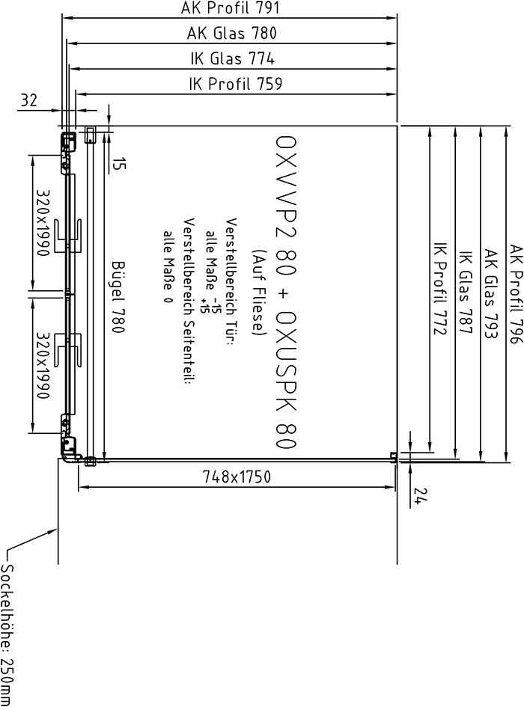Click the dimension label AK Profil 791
(230, 7)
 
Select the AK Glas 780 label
(232, 34)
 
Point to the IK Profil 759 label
(236, 84)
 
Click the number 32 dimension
(29, 100)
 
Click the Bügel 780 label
(118, 297)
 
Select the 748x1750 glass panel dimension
(237, 477)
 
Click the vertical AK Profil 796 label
(516, 294)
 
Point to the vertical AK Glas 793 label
(491, 294)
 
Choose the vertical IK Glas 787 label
(466, 293)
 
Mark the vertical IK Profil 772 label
(440, 289)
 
